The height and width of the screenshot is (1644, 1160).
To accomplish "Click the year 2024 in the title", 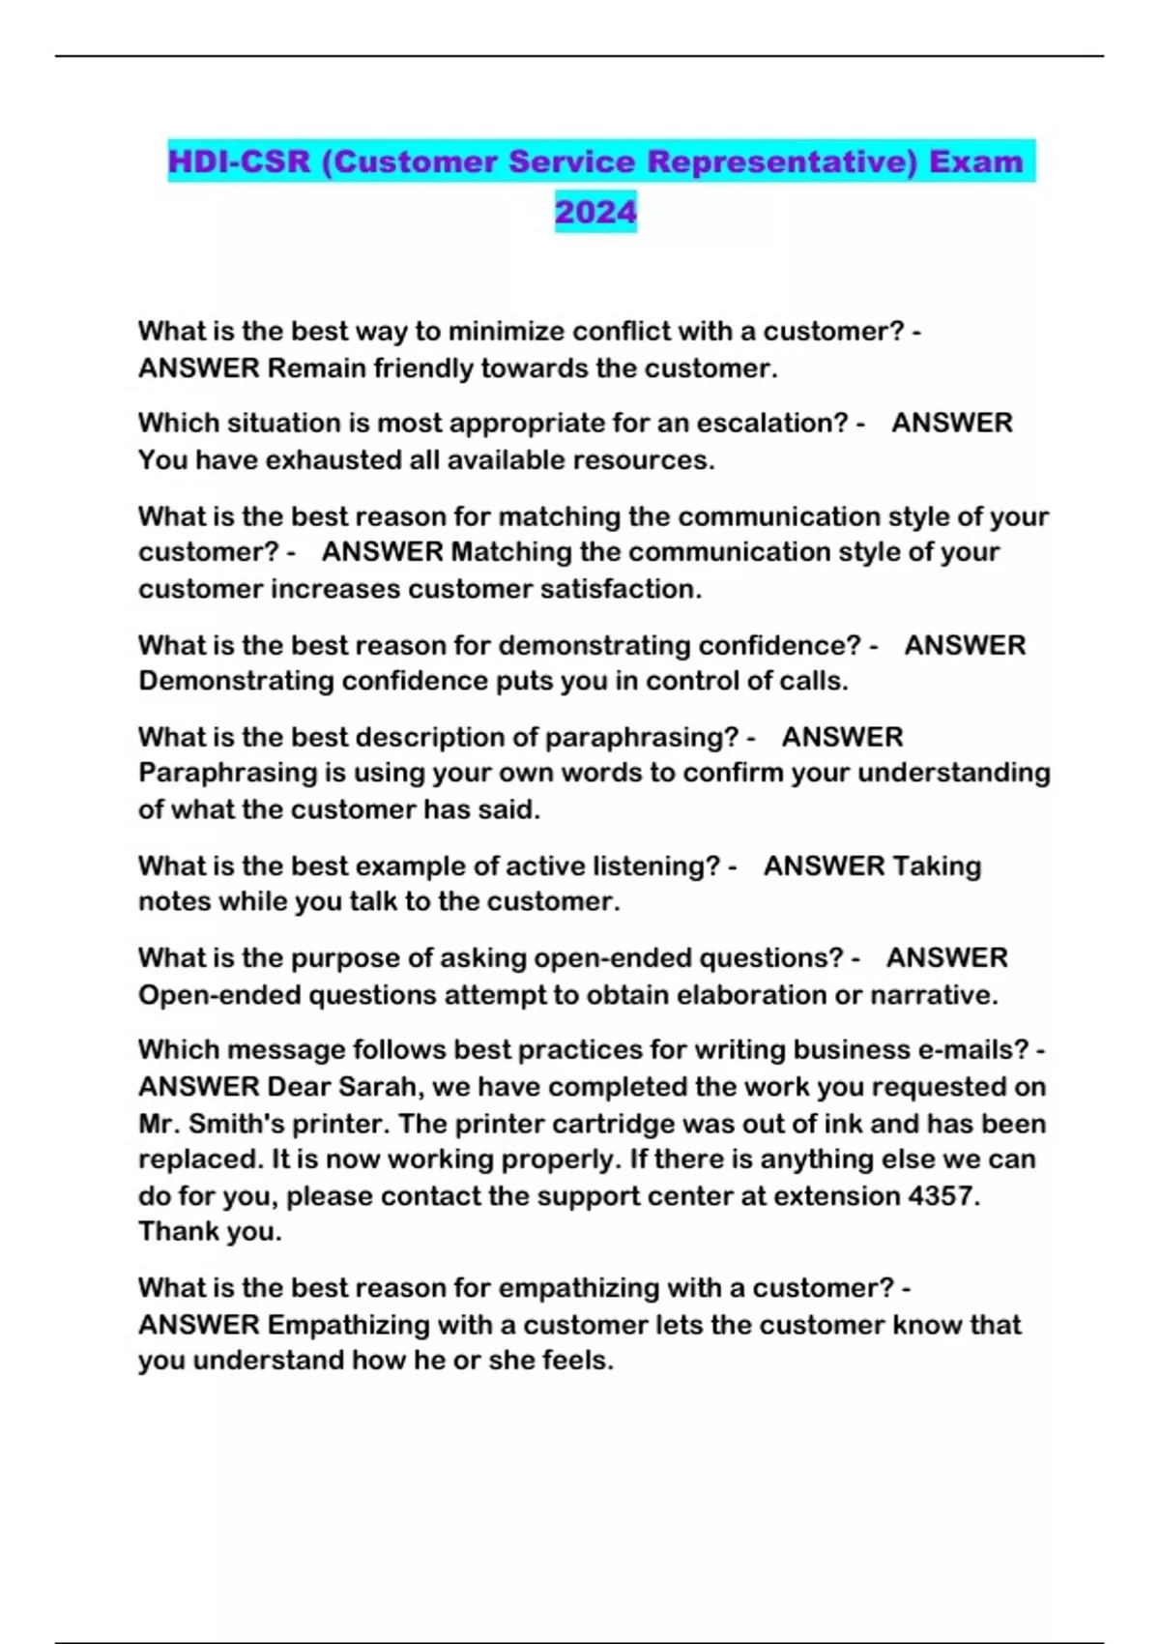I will (595, 212).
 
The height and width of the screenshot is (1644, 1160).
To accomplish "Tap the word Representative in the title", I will (781, 161).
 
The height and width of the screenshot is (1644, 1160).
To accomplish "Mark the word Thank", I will (176, 1232).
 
